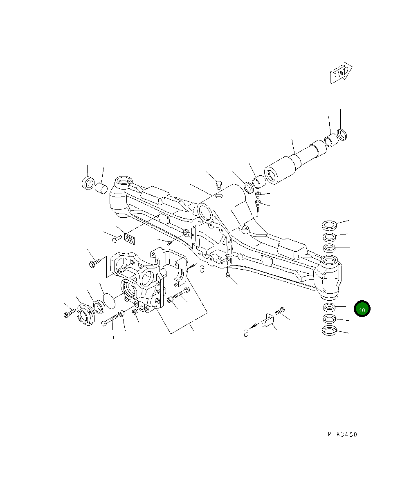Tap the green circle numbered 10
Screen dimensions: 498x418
(x=362, y=309)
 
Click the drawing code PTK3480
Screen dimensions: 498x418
(x=342, y=434)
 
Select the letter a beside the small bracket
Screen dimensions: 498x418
(x=246, y=333)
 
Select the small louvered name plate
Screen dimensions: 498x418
(x=129, y=239)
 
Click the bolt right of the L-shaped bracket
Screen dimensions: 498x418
(x=280, y=311)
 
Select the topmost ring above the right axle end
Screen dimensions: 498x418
(x=329, y=224)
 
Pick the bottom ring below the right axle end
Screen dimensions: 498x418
(x=329, y=331)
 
